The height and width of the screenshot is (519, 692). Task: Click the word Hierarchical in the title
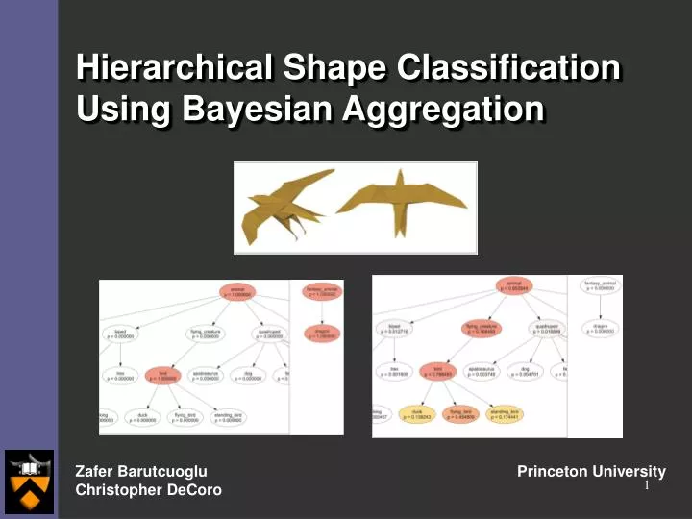tap(172, 68)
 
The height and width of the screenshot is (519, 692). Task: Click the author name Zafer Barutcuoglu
tap(141, 471)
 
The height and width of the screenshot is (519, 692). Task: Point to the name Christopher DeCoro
tap(148, 490)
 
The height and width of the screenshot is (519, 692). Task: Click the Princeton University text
tap(591, 471)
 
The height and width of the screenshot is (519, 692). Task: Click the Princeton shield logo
tap(29, 482)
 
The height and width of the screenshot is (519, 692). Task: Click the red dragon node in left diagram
tap(323, 334)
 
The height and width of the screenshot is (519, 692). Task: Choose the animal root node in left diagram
tap(236, 291)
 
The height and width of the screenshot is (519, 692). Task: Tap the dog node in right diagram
tap(526, 372)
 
